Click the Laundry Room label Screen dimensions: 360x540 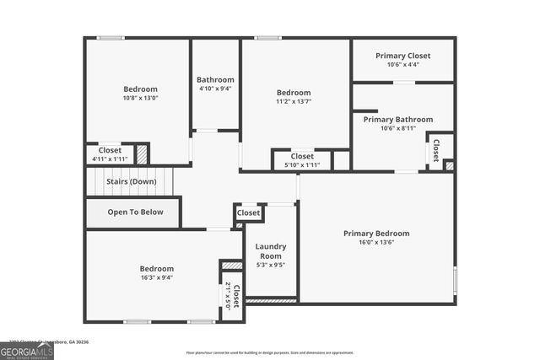point(271,251)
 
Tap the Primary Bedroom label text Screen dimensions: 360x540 point(375,234)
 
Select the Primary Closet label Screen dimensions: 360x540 point(402,56)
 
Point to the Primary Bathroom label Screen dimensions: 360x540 point(397,120)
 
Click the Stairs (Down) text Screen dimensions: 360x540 point(131,181)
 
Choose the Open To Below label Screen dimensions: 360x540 point(135,212)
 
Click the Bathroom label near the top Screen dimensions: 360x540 point(215,80)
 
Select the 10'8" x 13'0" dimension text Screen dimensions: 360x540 point(140,98)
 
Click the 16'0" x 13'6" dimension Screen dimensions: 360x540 point(375,242)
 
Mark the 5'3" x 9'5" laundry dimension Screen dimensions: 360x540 point(271,265)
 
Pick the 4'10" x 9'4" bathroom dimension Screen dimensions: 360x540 point(215,89)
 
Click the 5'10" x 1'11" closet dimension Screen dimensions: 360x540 point(302,164)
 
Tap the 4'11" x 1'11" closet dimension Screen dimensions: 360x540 point(110,159)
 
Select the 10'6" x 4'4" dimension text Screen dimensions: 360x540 point(402,65)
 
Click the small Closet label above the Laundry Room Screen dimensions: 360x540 point(248,213)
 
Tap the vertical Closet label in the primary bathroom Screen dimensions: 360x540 point(436,150)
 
